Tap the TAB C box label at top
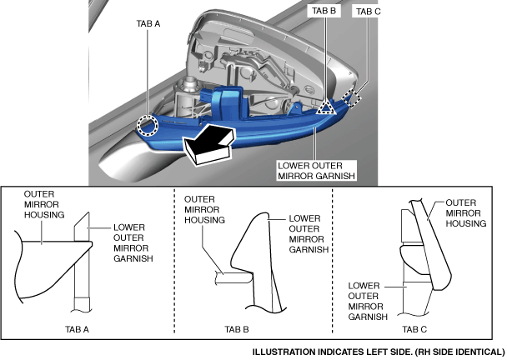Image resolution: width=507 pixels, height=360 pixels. click(368, 12)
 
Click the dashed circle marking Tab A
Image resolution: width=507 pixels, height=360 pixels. click(148, 125)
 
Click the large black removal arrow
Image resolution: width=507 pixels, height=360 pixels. click(208, 146)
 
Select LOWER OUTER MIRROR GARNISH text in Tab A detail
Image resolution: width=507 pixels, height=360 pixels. click(132, 242)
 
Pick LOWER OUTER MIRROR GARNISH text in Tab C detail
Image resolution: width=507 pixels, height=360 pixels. click(368, 300)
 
